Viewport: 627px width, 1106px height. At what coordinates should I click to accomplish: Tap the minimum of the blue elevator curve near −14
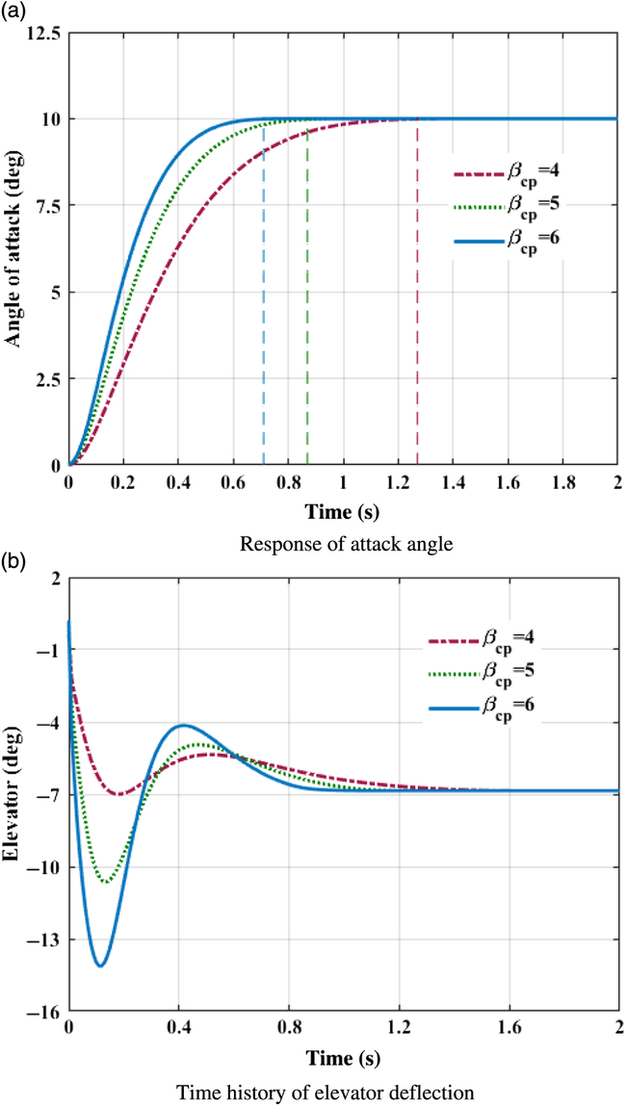click(100, 965)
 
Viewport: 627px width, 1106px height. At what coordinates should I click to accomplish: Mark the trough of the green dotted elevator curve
click(106, 882)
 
